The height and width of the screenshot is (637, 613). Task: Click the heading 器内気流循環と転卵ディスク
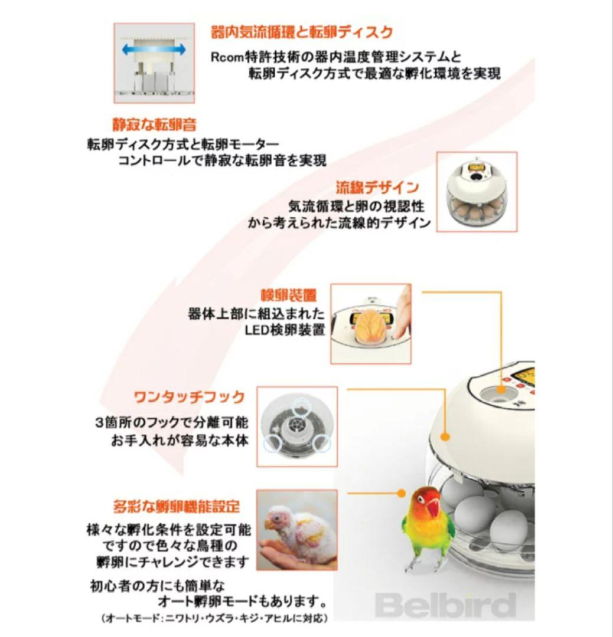pyautogui.click(x=302, y=32)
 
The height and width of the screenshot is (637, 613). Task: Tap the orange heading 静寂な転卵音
pyautogui.click(x=155, y=124)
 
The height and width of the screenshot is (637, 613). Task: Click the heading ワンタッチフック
pyautogui.click(x=189, y=396)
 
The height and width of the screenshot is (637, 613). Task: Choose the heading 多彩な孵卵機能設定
pyautogui.click(x=177, y=506)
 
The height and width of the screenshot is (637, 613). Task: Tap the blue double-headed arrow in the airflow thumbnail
pyautogui.click(x=154, y=50)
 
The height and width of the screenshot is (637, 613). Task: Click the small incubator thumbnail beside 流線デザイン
pyautogui.click(x=476, y=192)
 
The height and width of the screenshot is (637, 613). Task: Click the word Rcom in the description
pyautogui.click(x=227, y=57)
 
